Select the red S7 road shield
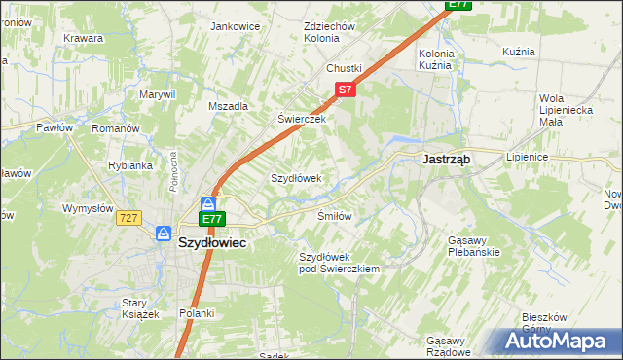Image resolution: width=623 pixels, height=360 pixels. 344,90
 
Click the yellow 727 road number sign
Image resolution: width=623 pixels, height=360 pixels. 129,218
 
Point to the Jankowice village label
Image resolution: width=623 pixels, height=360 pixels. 235,26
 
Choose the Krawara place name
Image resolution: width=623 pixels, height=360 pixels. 84,38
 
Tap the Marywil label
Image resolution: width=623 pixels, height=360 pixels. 157,94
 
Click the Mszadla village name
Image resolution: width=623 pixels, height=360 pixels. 229,106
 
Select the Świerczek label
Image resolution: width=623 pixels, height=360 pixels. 300,118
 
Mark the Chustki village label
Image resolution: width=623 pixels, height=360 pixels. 344,68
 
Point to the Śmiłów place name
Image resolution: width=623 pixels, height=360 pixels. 334,215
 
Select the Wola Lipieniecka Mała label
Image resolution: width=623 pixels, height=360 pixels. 566,109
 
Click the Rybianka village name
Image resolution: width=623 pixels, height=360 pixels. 130,165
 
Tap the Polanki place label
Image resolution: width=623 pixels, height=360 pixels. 196,313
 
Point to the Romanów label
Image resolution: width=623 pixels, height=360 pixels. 116,127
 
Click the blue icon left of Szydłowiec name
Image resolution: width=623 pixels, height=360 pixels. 164,234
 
